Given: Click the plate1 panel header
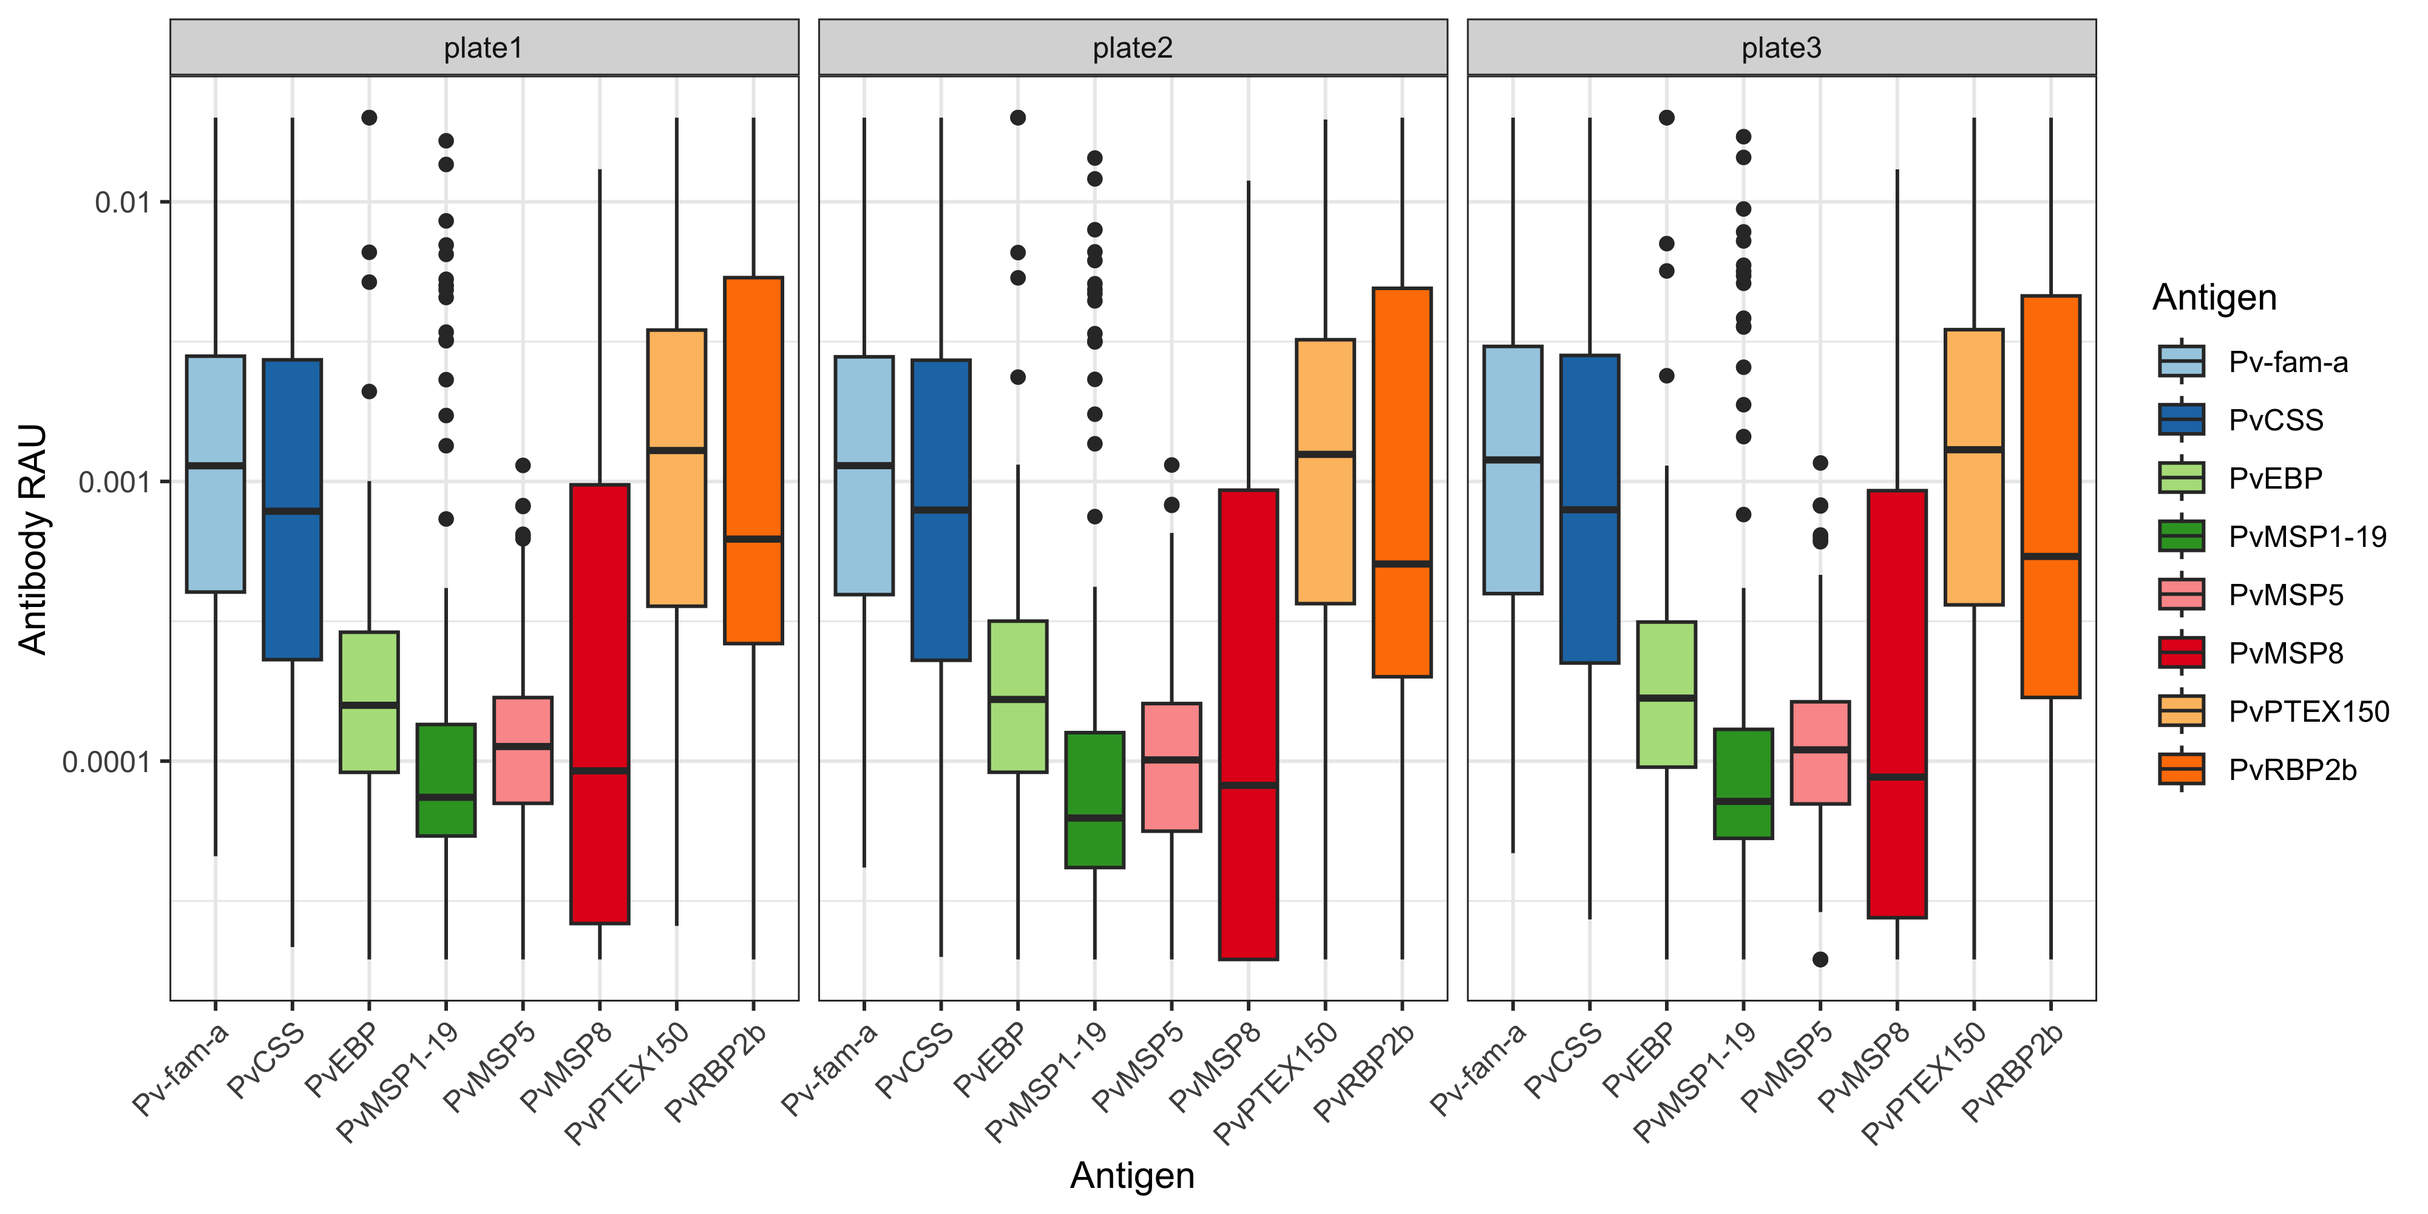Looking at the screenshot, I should point(484,48).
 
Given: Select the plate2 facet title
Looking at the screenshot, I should point(1132,48).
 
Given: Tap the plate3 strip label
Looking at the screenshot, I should point(1780,48).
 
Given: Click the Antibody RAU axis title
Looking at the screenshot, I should point(33,538).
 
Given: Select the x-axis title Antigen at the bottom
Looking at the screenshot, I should point(1132,1175).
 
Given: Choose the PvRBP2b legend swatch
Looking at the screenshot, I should point(2181,769).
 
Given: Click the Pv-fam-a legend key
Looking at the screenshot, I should point(2181,361).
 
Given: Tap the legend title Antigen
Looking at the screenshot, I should point(2214,298).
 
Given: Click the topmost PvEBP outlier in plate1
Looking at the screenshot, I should point(370,118).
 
